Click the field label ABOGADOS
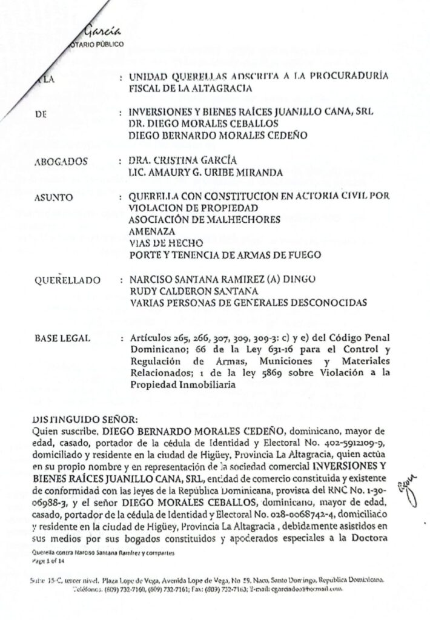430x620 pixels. [62, 161]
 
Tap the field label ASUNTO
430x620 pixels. [56, 197]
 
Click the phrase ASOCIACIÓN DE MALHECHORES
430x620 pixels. [205, 220]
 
